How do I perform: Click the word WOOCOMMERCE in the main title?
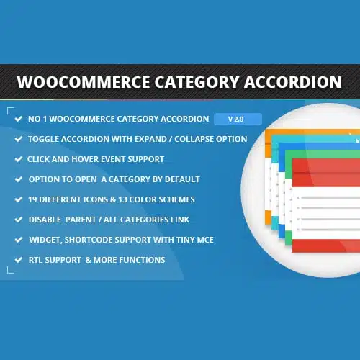(84, 82)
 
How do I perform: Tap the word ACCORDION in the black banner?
(293, 82)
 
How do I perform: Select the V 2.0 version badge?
(238, 119)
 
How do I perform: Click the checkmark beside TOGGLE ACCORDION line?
(19, 139)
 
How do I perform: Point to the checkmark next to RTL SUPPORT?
(19, 260)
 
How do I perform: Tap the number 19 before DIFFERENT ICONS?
(32, 199)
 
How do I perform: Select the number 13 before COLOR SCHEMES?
(122, 199)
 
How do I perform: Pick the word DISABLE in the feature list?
(45, 220)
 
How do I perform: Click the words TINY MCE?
(195, 240)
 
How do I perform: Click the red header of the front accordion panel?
(326, 172)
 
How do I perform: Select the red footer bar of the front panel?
(326, 246)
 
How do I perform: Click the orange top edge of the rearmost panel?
(312, 132)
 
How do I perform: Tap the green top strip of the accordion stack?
(323, 154)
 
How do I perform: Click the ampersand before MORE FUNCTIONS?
(89, 260)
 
